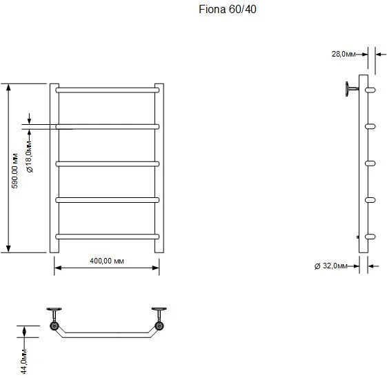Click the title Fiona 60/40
pos(228,10)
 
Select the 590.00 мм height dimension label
pos(14,171)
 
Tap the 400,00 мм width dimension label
pos(107,261)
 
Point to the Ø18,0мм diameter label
pos(29,157)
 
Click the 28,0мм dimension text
pos(344,54)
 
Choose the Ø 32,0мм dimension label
pos(330,266)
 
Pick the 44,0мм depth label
pos(23,361)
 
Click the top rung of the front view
pos(108,90)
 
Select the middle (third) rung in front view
pos(108,164)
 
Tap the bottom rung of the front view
pos(108,237)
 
